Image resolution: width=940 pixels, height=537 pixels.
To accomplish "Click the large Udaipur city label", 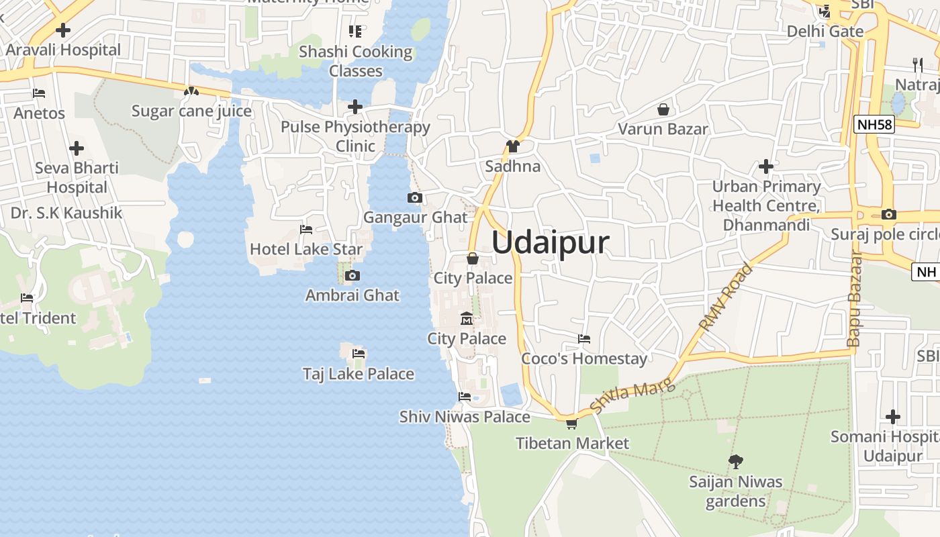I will [x=551, y=242].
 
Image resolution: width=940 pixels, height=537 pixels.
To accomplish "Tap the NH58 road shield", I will [x=874, y=124].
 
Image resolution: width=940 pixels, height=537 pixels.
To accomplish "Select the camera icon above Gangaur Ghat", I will [x=415, y=197].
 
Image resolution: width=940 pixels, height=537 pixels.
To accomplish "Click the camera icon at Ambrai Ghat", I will [x=352, y=275].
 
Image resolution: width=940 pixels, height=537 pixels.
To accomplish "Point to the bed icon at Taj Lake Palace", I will [x=359, y=354].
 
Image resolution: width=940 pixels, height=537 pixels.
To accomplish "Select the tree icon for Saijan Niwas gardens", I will [x=735, y=461].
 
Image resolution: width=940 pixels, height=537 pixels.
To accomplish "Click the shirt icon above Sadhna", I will [x=513, y=146].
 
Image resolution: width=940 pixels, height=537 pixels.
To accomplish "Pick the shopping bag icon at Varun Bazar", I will [x=663, y=109].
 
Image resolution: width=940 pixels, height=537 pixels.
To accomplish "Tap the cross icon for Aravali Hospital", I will [x=63, y=30].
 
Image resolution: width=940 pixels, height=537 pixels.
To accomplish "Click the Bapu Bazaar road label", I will [x=854, y=299].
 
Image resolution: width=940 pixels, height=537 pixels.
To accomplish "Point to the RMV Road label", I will [x=726, y=297].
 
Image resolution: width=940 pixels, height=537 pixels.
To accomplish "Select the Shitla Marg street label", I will [x=624, y=397].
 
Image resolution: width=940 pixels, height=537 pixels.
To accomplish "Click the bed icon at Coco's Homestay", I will [x=584, y=339].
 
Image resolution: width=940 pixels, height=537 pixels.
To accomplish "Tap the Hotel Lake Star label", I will [x=306, y=249].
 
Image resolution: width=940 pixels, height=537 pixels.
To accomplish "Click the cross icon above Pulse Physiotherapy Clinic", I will [x=355, y=107].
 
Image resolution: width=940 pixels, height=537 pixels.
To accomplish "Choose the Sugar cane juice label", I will [x=191, y=111].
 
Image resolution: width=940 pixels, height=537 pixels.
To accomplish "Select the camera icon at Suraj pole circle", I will [x=889, y=215].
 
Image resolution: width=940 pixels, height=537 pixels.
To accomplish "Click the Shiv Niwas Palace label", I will [x=465, y=417].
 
